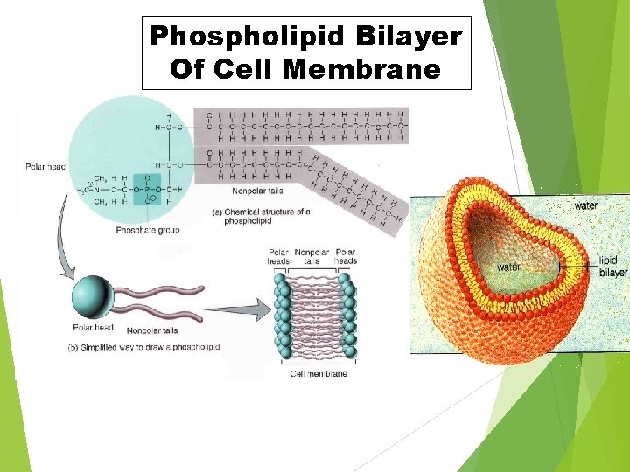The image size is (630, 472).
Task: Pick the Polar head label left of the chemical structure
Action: (45, 166)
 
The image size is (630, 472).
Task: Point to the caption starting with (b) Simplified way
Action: (143, 347)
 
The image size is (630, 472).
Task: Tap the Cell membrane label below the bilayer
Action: (318, 374)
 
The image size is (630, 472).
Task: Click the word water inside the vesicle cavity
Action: (510, 267)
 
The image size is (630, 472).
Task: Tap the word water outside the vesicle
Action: (586, 206)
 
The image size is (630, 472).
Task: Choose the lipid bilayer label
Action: (612, 267)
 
